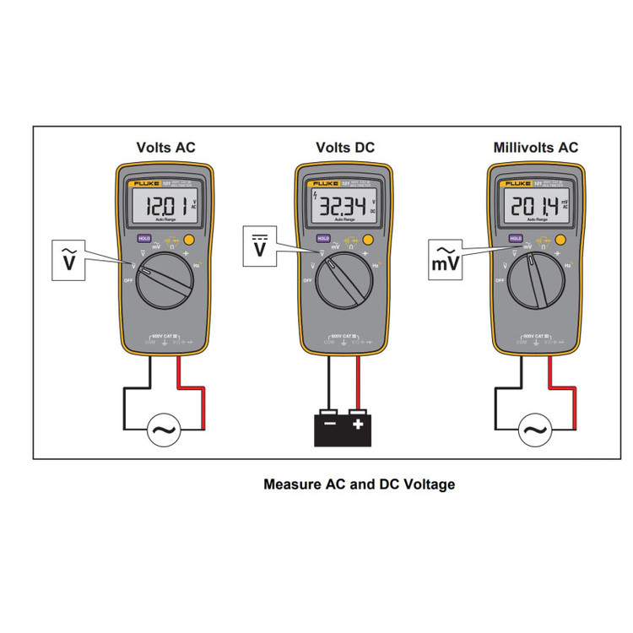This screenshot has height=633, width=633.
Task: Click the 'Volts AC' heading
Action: tap(165, 148)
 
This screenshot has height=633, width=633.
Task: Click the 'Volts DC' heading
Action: tap(345, 148)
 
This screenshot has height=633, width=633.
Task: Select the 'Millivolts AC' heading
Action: tap(536, 148)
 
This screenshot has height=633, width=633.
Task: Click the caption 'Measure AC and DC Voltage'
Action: tap(359, 484)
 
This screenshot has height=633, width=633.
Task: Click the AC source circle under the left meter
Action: tap(163, 431)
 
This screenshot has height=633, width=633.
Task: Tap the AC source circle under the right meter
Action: tap(534, 431)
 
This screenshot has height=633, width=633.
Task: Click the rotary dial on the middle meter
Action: tap(345, 283)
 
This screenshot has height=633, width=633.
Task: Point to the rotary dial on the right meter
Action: tap(537, 283)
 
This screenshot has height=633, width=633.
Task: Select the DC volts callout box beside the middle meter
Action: tap(261, 245)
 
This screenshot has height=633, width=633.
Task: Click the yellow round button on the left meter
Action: tap(191, 240)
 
